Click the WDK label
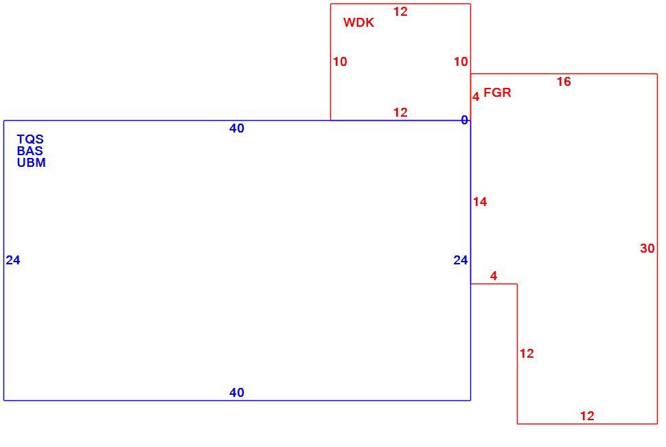coord(358,23)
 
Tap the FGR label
coord(497,93)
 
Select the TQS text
coord(30,139)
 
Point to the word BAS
coord(30,151)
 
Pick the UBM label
coord(32,163)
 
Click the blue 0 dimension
coord(464,120)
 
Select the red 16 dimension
coord(564,82)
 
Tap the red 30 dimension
coord(647,248)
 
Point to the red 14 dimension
coord(480,202)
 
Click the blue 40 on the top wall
coord(237,128)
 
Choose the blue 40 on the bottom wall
coord(237,393)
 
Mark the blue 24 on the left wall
coord(13,260)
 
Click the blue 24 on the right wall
coord(461,260)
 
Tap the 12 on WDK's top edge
coord(400,12)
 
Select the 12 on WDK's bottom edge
coord(400,113)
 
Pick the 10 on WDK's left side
coord(340,62)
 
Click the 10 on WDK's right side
coord(461,62)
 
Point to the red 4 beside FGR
coord(476,97)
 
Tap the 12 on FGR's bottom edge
coord(587,416)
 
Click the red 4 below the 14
coord(493,276)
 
